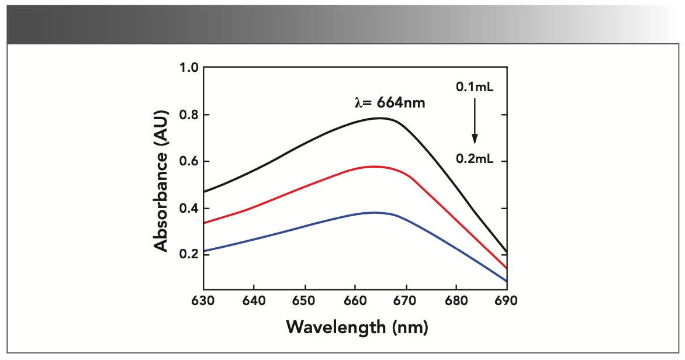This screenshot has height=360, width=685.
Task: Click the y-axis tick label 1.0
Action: coord(189,68)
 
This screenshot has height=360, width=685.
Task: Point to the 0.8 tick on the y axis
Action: coord(189,115)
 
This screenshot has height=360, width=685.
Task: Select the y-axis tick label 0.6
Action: coord(189,161)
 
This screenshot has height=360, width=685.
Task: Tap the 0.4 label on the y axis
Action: coord(189,208)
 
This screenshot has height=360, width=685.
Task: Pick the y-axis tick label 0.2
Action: coord(189,255)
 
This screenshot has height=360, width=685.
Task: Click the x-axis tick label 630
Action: coord(203,300)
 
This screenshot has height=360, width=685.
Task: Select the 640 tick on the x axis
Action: coord(254,300)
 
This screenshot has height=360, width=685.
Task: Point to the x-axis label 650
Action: coord(305,300)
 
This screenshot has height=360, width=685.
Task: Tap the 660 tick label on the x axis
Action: coord(355,300)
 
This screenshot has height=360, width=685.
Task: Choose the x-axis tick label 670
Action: coord(406,300)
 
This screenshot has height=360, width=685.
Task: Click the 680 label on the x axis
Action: coord(456,300)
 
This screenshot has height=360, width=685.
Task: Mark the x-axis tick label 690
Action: coord(507,300)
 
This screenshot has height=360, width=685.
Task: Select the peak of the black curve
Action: coord(379,118)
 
